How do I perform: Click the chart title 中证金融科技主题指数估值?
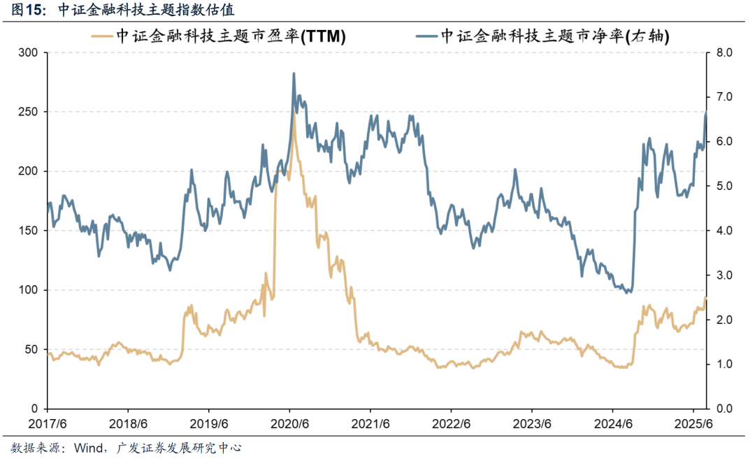146,10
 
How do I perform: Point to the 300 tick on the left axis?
29,53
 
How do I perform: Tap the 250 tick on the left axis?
29,112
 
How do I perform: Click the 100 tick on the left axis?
29,290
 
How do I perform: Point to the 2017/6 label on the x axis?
47,424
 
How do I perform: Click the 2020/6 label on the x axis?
289,424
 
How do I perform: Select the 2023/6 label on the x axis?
532,424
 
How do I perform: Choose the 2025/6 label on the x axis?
693,424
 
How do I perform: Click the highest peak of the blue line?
294,73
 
